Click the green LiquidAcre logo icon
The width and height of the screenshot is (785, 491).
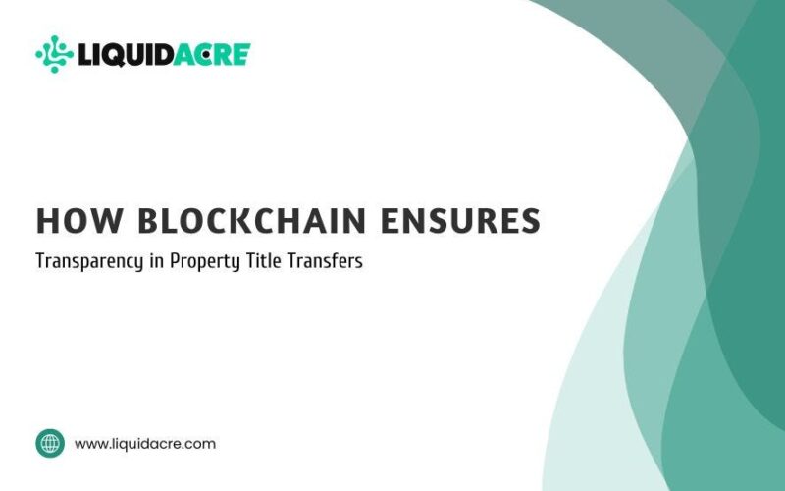(55, 54)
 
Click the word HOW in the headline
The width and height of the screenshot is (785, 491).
(79, 220)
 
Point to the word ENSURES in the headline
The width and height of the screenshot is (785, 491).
(460, 220)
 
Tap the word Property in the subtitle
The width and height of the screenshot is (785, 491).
(205, 261)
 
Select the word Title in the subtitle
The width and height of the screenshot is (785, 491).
(263, 260)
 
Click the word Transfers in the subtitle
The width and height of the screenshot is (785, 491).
(325, 260)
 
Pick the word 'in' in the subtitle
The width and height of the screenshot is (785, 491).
(156, 260)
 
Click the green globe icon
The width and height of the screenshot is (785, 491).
(50, 444)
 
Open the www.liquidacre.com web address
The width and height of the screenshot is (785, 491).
(145, 444)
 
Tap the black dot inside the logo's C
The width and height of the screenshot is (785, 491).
(206, 55)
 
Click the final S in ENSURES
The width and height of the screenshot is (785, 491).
(530, 220)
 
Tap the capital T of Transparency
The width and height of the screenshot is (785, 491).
(41, 260)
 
